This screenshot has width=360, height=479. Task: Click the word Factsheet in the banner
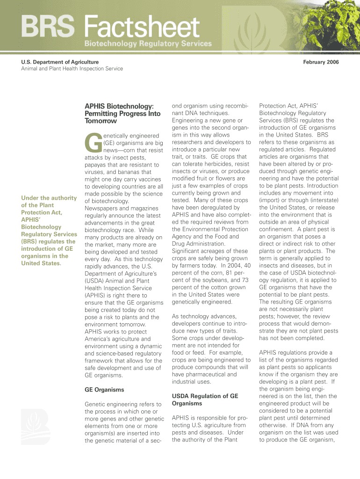pos(142,27)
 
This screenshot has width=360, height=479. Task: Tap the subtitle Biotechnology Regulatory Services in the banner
pos(148,44)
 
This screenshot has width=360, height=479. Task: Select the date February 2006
pos(321,62)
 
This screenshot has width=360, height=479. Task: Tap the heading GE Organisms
pos(104,390)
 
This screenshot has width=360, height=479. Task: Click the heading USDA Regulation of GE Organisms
pos(205,399)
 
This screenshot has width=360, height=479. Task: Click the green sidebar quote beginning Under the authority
pos(49,230)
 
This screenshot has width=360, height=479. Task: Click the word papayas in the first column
pos(97,165)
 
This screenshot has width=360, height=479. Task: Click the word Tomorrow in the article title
pos(101,121)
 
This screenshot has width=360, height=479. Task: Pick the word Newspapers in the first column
pos(101,208)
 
